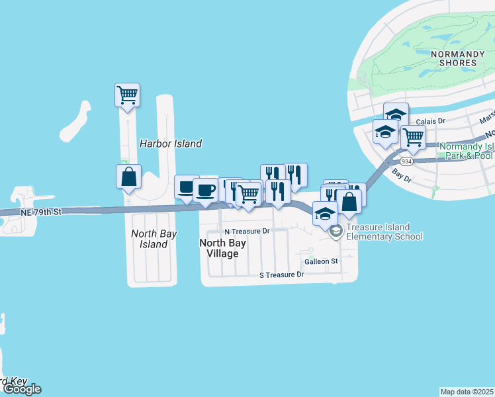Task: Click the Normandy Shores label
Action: click(453, 58)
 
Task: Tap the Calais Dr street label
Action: click(431, 121)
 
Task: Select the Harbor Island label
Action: click(171, 144)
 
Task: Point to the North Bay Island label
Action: click(150, 239)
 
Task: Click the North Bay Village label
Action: click(223, 248)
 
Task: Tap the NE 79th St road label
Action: click(40, 212)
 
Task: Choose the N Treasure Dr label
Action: click(247, 232)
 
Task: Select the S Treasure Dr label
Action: click(281, 274)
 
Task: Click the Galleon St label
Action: click(321, 261)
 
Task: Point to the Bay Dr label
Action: click(402, 175)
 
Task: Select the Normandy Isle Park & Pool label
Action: click(466, 151)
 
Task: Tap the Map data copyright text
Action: click(467, 392)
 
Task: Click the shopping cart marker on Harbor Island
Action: click(127, 93)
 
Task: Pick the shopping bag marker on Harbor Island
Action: click(128, 176)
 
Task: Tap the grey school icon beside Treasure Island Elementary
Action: click(336, 230)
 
